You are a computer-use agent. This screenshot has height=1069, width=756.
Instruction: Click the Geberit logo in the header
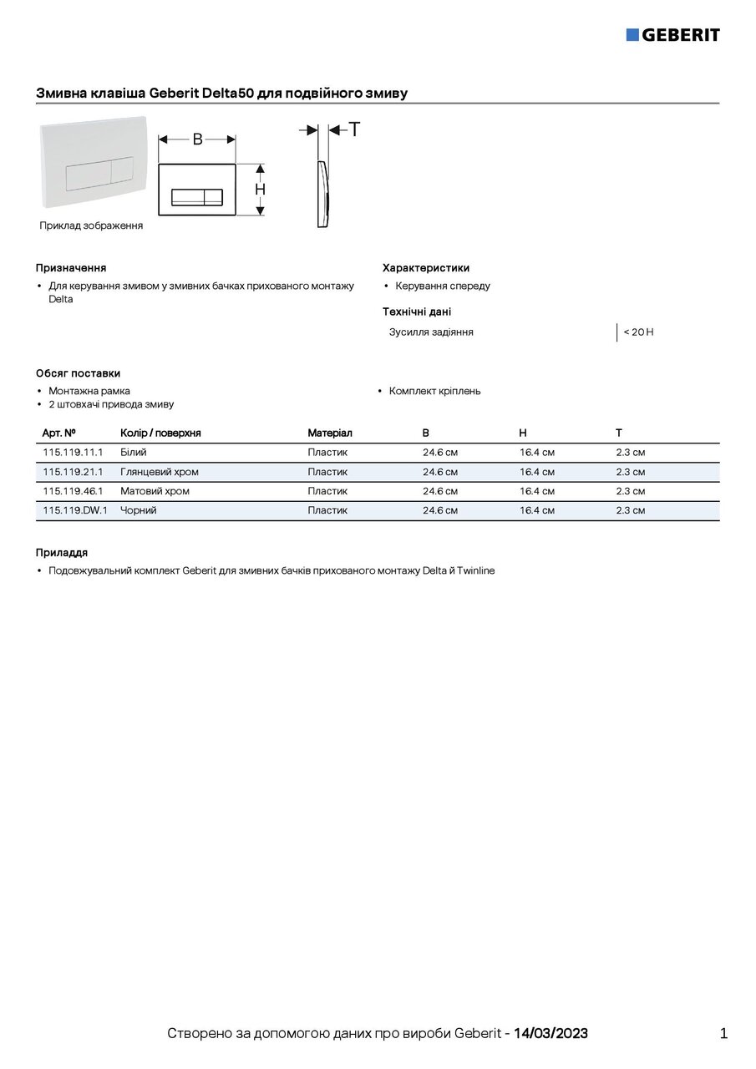[x=672, y=34]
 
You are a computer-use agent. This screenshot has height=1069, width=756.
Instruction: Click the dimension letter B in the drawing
[x=198, y=139]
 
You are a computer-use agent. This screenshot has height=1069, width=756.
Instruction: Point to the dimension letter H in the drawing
[x=261, y=190]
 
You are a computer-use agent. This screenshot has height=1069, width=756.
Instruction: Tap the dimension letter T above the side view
[x=355, y=129]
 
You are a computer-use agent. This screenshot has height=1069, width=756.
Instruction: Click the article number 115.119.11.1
[x=73, y=453]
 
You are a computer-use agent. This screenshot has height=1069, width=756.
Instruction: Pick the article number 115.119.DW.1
[x=75, y=510]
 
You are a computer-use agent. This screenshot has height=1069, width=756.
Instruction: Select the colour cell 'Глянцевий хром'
[x=160, y=472]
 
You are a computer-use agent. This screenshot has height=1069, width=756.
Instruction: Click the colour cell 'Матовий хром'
[x=155, y=491]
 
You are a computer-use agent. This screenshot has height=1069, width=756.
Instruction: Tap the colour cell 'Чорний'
[x=139, y=510]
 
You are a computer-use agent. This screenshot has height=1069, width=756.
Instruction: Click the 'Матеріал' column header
[x=330, y=433]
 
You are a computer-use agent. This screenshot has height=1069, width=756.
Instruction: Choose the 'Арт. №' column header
[x=59, y=433]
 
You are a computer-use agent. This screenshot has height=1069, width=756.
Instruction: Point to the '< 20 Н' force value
[x=638, y=332]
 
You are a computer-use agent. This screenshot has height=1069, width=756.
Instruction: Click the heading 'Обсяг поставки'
[x=78, y=373]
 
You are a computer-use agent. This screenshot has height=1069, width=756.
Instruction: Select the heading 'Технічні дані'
[x=417, y=312]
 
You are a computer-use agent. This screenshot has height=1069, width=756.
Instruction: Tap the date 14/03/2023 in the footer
[x=551, y=1033]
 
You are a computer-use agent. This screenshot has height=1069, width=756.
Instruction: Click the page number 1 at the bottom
[x=723, y=1033]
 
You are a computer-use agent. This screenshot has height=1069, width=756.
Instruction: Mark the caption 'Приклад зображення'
[x=91, y=225]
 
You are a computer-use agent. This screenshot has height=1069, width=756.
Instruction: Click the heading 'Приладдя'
[x=62, y=553]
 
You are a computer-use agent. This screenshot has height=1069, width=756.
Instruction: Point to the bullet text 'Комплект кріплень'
[x=434, y=391]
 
